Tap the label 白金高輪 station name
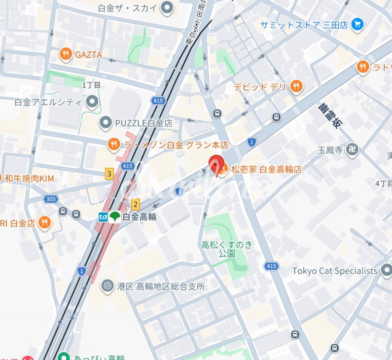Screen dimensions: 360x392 (x=140, y=216)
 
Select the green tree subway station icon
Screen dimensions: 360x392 (x=115, y=216)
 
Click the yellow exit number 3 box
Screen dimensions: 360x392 (x=109, y=174)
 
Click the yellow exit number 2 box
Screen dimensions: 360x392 (x=136, y=204)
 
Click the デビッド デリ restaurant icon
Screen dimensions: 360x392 (x=296, y=87)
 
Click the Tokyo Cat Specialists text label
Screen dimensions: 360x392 (x=334, y=271)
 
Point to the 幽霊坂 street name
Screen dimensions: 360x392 (x=329, y=116)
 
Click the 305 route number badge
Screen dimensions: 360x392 (x=50, y=199)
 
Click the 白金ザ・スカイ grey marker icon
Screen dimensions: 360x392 (x=168, y=7)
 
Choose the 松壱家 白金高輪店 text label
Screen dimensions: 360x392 (x=266, y=169)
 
